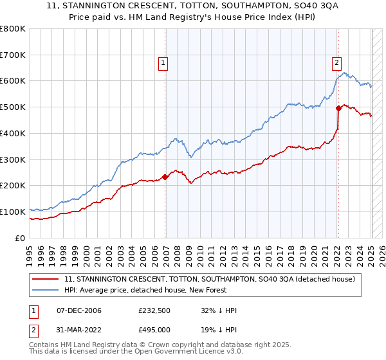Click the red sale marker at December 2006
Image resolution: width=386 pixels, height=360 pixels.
tap(165, 177)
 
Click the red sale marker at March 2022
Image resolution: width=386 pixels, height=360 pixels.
tap(338, 108)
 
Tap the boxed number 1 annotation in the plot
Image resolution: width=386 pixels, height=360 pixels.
tap(163, 63)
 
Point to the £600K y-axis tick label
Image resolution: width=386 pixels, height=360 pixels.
tap(13, 81)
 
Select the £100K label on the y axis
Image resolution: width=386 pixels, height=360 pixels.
tap(13, 212)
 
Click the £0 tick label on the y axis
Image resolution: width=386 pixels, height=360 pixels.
tap(21, 238)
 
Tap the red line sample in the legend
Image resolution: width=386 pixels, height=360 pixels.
tap(46, 279)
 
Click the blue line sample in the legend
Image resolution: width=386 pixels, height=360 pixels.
tap(46, 290)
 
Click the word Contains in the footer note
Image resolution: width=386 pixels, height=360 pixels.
tap(46, 345)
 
